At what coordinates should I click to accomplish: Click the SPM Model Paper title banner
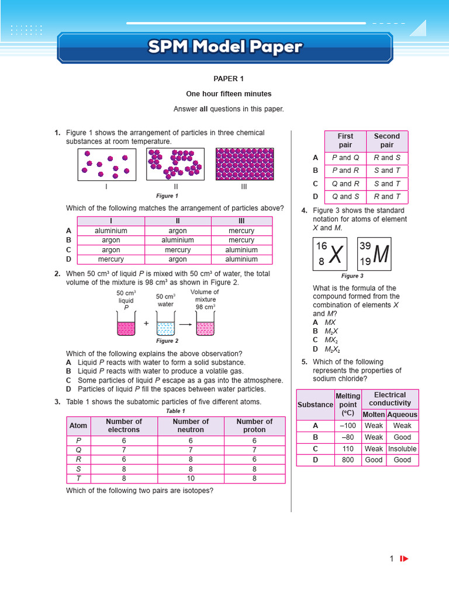point(225,47)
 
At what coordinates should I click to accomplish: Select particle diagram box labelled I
point(106,164)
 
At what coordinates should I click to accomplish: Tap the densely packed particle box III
point(244,164)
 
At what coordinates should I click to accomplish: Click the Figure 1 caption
point(167,196)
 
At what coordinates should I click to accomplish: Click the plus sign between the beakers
point(146,324)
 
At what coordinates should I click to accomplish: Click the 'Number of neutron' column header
point(191,426)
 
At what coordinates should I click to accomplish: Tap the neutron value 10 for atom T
point(191,478)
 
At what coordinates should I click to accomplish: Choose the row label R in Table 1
point(78,460)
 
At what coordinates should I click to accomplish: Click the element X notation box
point(330,255)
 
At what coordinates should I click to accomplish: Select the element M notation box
point(374,255)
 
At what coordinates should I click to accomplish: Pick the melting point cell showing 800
point(348,460)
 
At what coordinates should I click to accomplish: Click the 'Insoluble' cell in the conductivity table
point(402,449)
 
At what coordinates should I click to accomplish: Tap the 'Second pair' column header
point(386,141)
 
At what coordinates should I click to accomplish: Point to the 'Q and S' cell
point(346,197)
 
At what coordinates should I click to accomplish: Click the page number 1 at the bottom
point(392,559)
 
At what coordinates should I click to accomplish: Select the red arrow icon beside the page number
point(404,559)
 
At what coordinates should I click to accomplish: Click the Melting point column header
point(348,405)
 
